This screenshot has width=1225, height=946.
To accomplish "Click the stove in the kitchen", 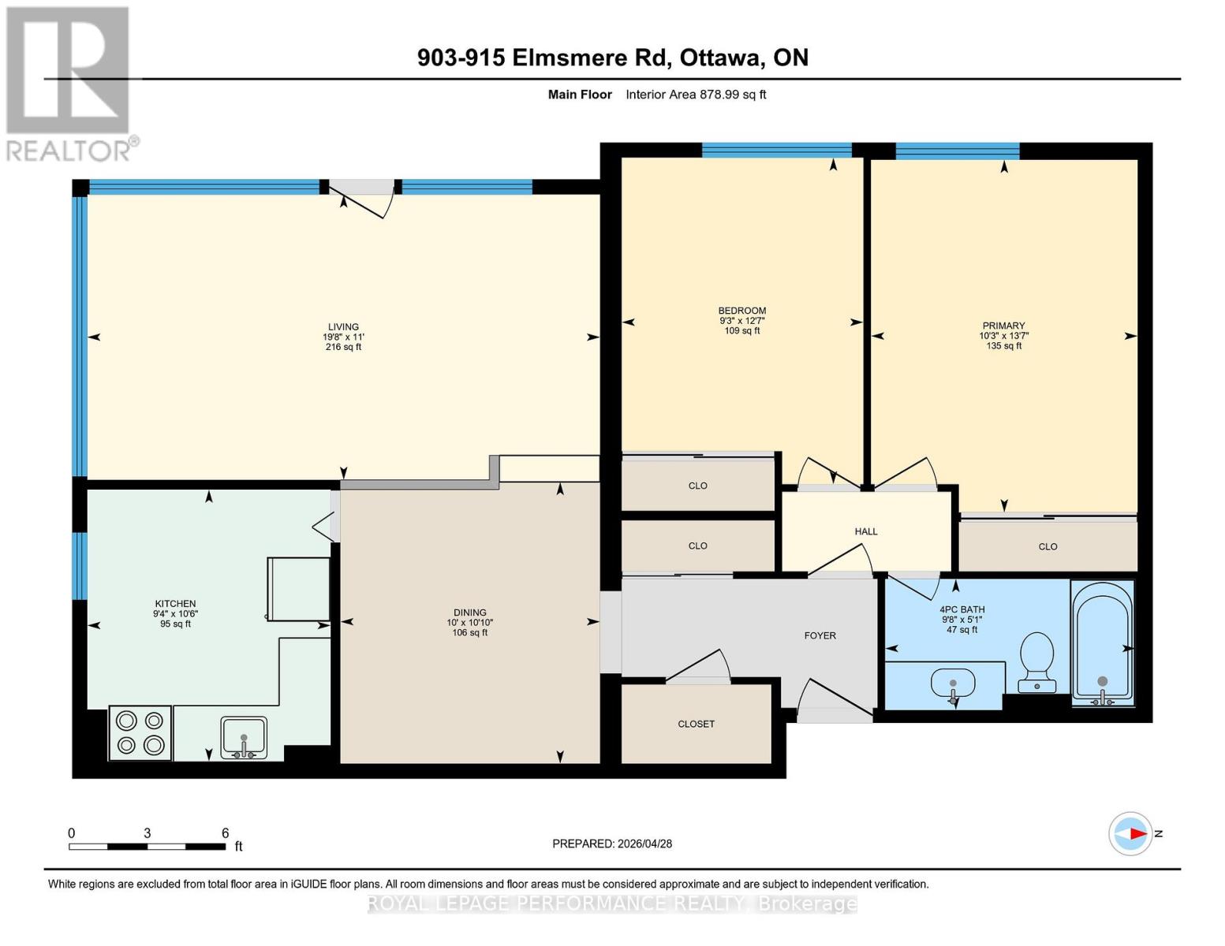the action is pyautogui.click(x=140, y=733).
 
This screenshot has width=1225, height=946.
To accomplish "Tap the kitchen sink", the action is pyautogui.click(x=244, y=738).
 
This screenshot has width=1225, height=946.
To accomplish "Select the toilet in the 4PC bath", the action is pyautogui.click(x=1036, y=662).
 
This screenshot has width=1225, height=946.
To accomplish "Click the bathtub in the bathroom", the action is pyautogui.click(x=1102, y=643).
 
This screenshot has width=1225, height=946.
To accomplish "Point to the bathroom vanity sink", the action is pyautogui.click(x=953, y=684).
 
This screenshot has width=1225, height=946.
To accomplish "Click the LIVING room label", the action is pyautogui.click(x=343, y=327).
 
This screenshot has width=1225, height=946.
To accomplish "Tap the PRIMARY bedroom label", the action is pyautogui.click(x=1003, y=326).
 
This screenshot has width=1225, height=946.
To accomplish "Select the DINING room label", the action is pyautogui.click(x=469, y=613).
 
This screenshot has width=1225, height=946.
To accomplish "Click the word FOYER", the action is pyautogui.click(x=820, y=635).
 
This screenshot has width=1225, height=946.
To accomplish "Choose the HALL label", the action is pyautogui.click(x=866, y=531).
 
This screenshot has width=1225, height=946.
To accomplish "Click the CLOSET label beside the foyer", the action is pyautogui.click(x=697, y=724).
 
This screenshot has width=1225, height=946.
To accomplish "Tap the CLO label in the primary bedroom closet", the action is pyautogui.click(x=1048, y=546).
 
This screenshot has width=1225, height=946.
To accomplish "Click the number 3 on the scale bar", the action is pyautogui.click(x=148, y=833).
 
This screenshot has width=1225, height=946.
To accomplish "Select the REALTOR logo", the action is pyautogui.click(x=70, y=84).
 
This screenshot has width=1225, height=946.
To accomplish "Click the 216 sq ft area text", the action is pyautogui.click(x=343, y=347).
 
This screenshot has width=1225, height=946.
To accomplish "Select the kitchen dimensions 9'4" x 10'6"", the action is pyautogui.click(x=175, y=614).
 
